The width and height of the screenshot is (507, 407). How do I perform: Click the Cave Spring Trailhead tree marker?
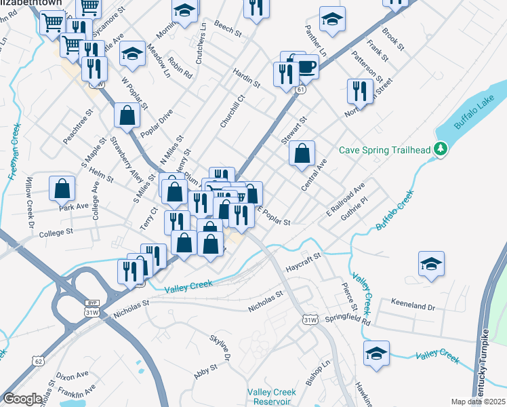(x=441, y=149)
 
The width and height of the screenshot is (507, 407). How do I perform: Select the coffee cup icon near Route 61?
(x=306, y=67)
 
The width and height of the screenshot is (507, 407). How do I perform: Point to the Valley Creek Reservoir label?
(x=271, y=397)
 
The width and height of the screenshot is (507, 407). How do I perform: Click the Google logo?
(x=22, y=399)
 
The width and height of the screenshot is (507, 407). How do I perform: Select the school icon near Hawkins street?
(x=376, y=353)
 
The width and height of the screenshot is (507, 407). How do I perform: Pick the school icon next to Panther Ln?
(x=331, y=20)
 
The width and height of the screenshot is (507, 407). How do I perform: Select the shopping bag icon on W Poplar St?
(x=127, y=115)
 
